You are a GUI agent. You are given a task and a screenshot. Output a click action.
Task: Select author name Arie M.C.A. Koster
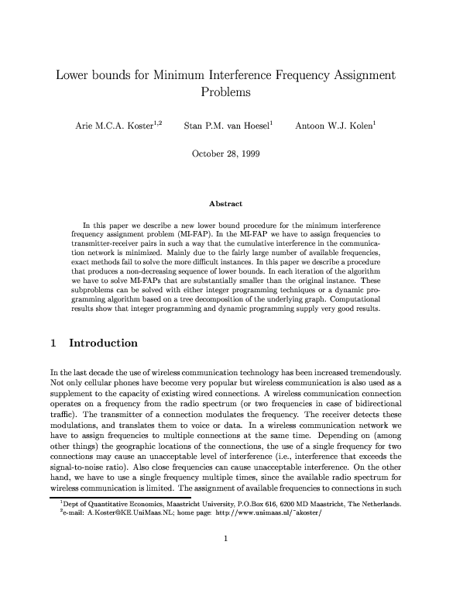point(115,124)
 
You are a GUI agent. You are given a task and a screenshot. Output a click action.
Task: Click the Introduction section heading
point(103,343)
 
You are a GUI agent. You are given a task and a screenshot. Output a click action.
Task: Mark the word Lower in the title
point(75,76)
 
